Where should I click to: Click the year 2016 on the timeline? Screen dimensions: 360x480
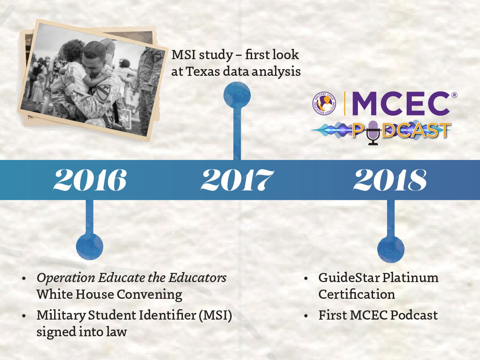[x=90, y=180]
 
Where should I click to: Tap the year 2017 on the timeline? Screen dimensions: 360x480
[x=237, y=180]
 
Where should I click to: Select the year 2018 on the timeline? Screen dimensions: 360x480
[x=390, y=180]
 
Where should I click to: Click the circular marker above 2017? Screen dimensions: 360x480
[x=237, y=95]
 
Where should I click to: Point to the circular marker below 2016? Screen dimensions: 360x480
[x=90, y=246]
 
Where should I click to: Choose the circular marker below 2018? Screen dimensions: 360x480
[x=391, y=249]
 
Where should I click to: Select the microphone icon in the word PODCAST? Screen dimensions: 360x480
[x=373, y=132]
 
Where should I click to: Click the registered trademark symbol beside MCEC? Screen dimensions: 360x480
[x=454, y=95]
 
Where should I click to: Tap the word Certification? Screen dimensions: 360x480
[x=357, y=294]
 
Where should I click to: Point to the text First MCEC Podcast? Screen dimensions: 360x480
[x=378, y=315]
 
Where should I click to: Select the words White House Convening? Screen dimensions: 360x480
[x=109, y=294]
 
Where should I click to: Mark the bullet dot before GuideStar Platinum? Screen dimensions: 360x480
[x=307, y=278]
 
